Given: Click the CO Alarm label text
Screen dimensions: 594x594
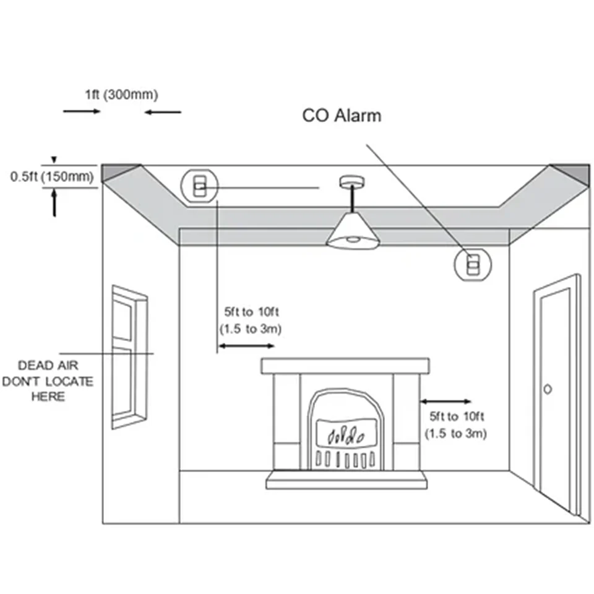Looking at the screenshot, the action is click(342, 115).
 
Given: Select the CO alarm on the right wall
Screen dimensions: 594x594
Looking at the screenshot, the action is click(473, 265).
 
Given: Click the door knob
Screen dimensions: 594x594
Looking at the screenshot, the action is click(548, 389).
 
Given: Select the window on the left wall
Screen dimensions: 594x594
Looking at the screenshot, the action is click(129, 356).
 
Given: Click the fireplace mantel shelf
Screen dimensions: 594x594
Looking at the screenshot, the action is click(345, 366).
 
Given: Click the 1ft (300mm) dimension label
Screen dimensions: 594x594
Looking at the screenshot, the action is click(122, 95).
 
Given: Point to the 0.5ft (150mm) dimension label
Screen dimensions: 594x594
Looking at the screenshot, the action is click(52, 177).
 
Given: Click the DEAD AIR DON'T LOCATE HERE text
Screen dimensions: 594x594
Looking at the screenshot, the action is click(48, 381).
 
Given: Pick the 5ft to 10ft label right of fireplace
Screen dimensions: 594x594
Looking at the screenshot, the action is click(455, 424).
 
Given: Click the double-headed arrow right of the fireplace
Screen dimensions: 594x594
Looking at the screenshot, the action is click(445, 402).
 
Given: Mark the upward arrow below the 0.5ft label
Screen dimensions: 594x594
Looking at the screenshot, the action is click(55, 202).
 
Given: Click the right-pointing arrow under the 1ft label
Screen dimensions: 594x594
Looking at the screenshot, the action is click(82, 111).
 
